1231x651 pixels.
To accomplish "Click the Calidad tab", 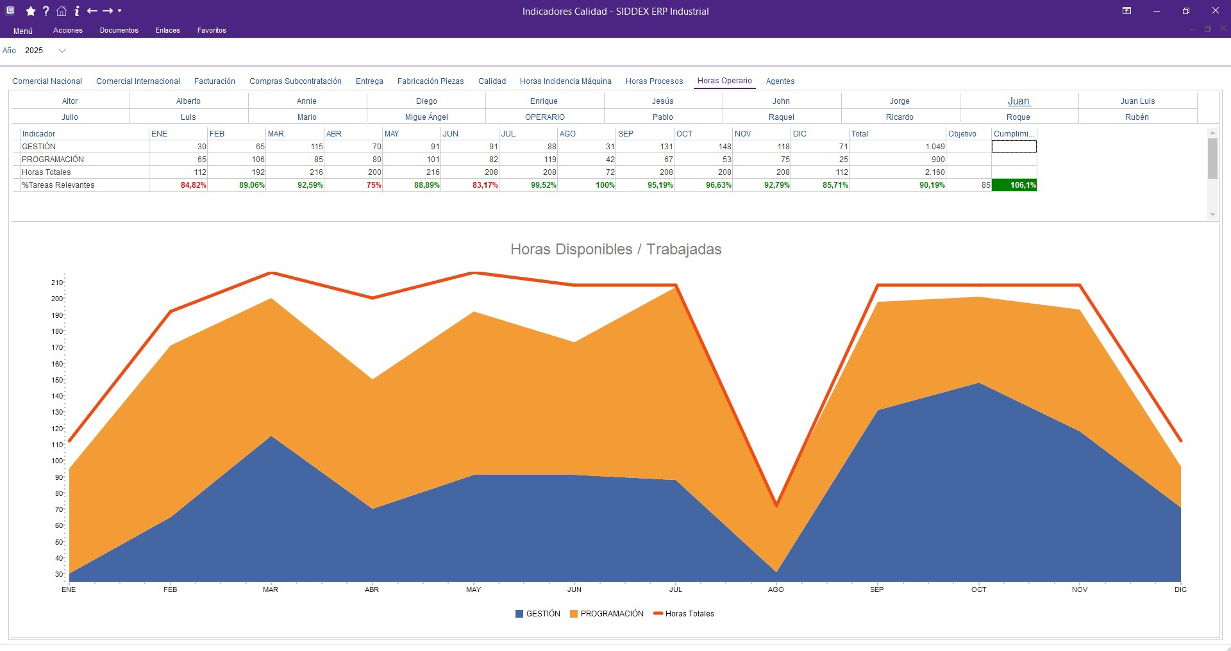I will pyautogui.click(x=492, y=81).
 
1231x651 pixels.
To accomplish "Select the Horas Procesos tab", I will pyautogui.click(x=654, y=81).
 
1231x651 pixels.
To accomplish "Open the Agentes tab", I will pyautogui.click(x=780, y=81).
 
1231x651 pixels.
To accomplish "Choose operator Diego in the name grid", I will pyautogui.click(x=426, y=101).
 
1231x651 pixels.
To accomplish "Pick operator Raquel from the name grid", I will pyautogui.click(x=781, y=117).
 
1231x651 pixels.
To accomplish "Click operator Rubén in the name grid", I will pyautogui.click(x=1136, y=117).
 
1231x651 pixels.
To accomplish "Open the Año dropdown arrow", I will pyautogui.click(x=62, y=51).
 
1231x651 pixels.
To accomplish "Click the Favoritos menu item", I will pyautogui.click(x=212, y=30).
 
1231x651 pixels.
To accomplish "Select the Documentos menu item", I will pyautogui.click(x=119, y=30).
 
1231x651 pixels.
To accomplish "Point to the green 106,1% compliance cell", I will pyautogui.click(x=1014, y=185).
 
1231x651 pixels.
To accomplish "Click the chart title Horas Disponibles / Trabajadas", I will pyautogui.click(x=615, y=249).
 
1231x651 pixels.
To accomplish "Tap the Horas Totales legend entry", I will pyautogui.click(x=684, y=614).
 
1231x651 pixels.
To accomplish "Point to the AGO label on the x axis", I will pyautogui.click(x=776, y=589).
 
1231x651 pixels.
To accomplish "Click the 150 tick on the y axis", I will pyautogui.click(x=58, y=380).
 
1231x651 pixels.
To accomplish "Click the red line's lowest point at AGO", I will pyautogui.click(x=776, y=505).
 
